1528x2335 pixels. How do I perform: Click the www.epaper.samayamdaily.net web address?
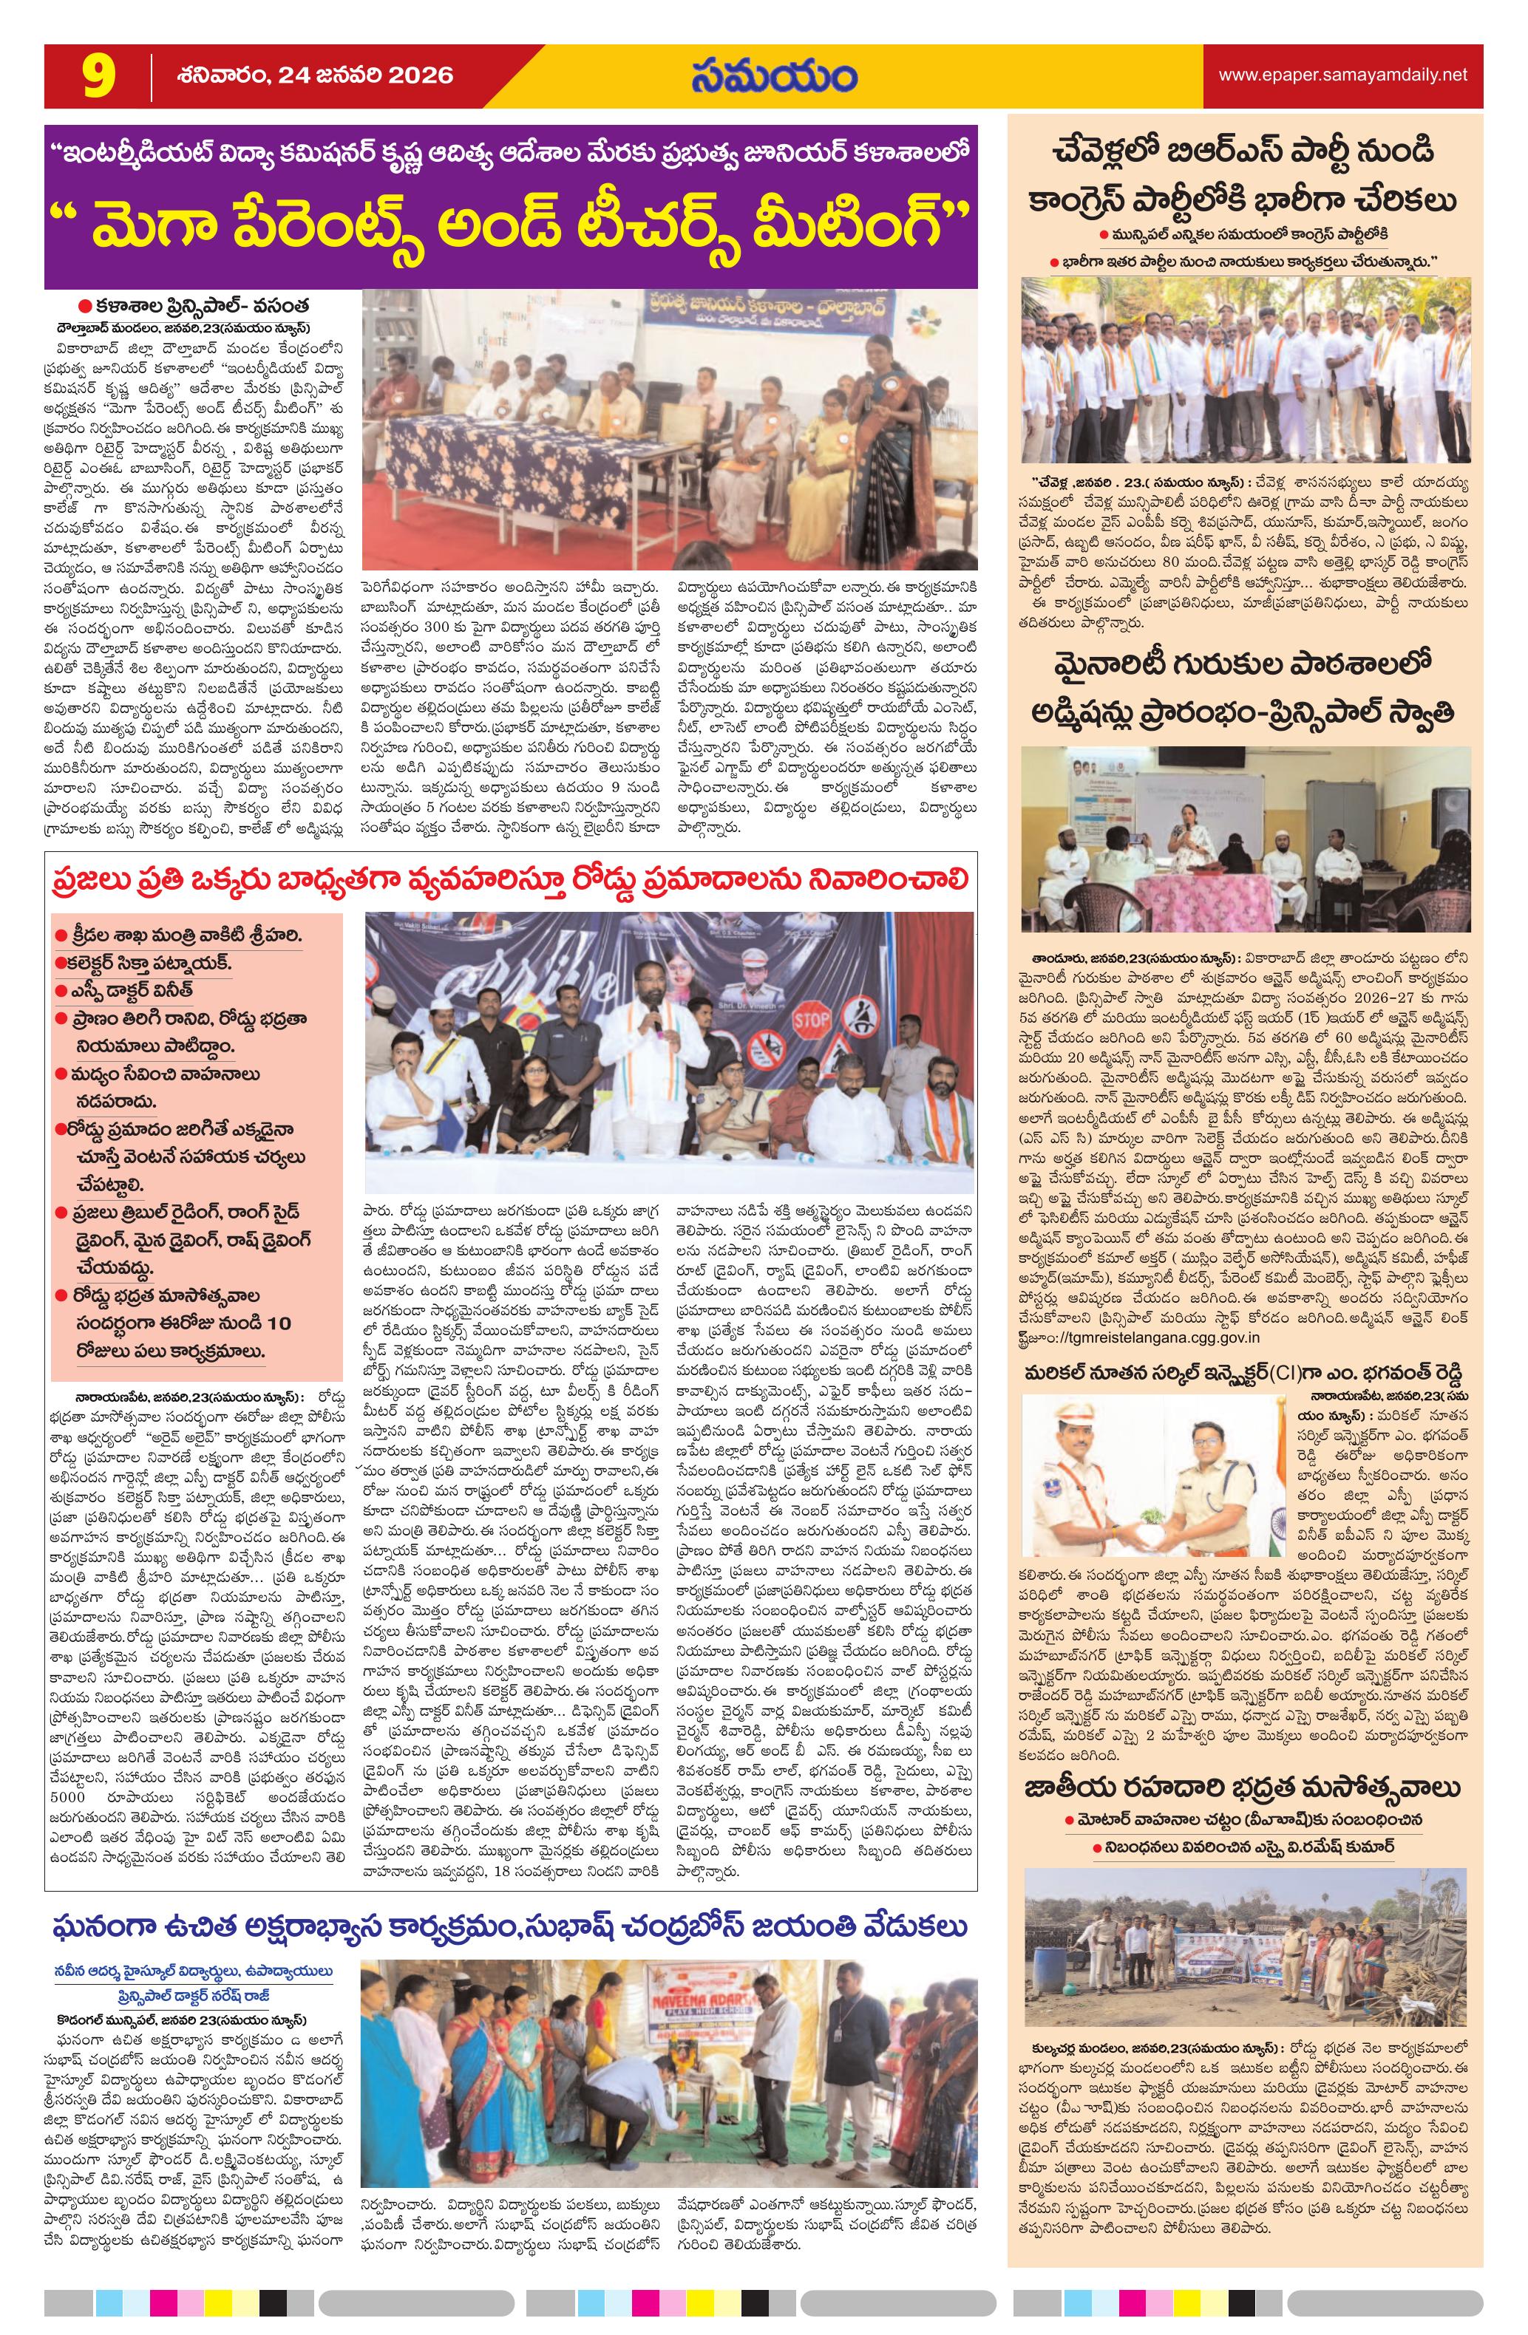(x=1342, y=75)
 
